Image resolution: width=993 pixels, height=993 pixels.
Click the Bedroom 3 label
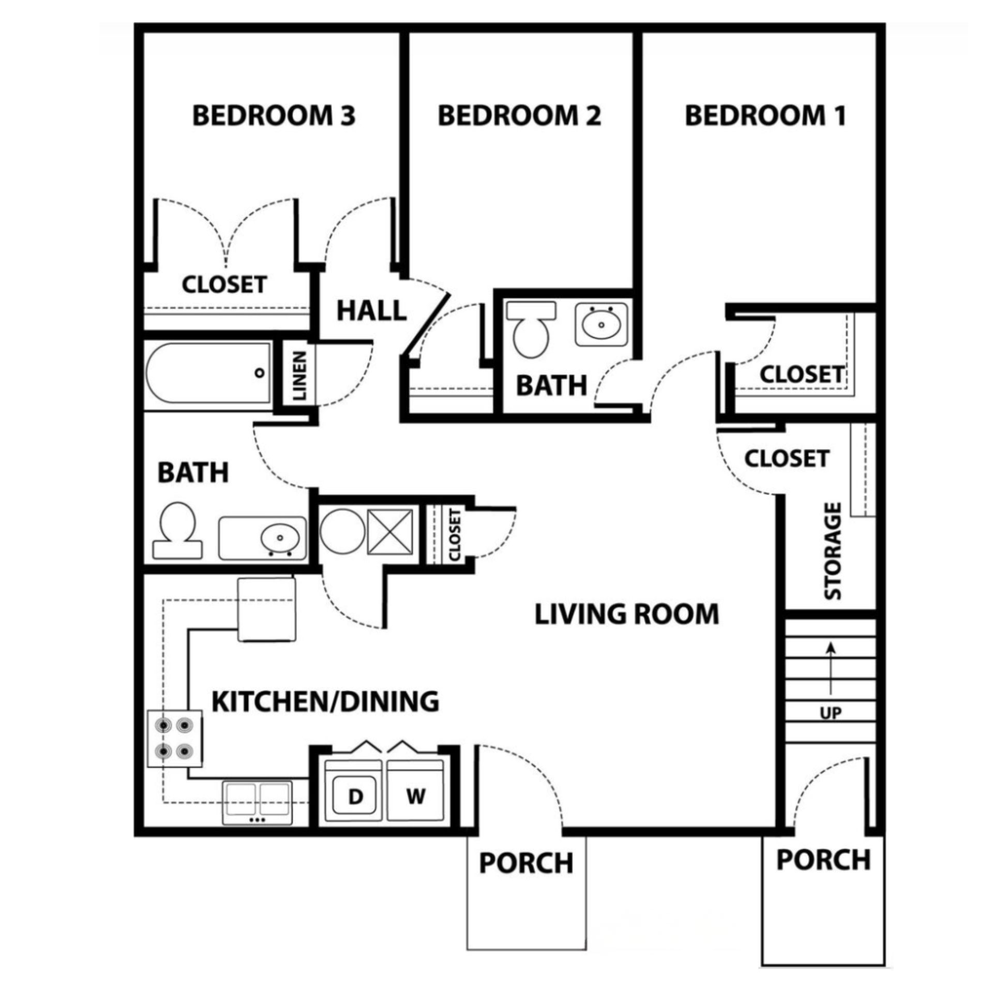point(274,115)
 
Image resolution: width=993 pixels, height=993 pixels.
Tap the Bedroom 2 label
point(519,115)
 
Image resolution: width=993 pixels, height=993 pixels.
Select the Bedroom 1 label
point(765,115)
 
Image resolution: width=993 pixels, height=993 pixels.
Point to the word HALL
point(371,310)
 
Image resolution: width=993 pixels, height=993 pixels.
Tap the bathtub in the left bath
point(208,373)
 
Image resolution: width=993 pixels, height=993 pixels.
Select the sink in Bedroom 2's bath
point(601,325)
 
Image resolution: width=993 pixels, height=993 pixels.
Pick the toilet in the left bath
point(177,530)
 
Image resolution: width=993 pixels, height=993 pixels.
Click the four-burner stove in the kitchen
point(175,738)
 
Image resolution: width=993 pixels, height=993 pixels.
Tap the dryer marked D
point(355,796)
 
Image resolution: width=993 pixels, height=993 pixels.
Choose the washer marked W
point(415,796)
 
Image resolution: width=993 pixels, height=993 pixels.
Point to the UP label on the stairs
point(831,713)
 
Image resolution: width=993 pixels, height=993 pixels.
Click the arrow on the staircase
point(831,667)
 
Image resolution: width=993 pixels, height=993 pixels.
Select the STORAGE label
point(833,551)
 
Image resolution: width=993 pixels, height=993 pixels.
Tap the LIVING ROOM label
point(626,614)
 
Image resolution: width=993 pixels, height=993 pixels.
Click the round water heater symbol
point(342,530)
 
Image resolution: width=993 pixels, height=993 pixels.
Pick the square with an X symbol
point(389,532)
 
